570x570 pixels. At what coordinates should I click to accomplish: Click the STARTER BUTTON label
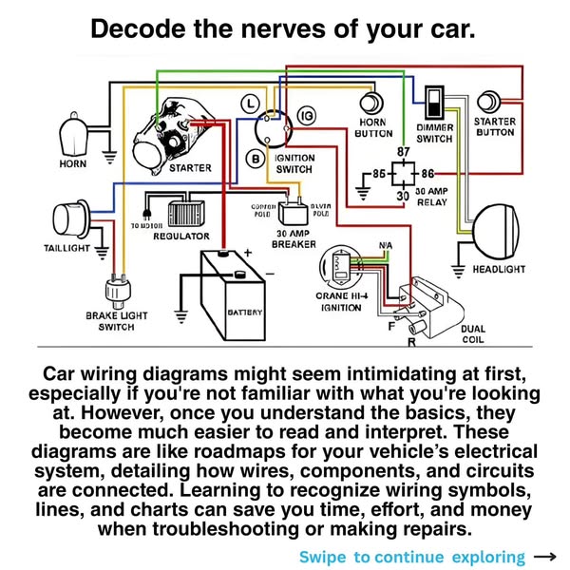[x=494, y=127]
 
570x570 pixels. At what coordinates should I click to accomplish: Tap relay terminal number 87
[x=403, y=152]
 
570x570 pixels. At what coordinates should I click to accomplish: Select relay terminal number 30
[x=402, y=196]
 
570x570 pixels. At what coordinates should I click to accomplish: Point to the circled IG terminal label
[x=307, y=115]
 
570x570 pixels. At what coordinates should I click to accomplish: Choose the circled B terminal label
[x=255, y=157]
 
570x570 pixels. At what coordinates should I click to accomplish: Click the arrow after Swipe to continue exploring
[x=545, y=557]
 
